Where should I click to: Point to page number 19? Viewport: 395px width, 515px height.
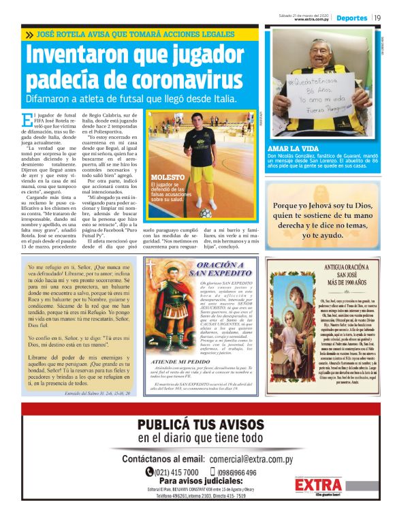(379, 18)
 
